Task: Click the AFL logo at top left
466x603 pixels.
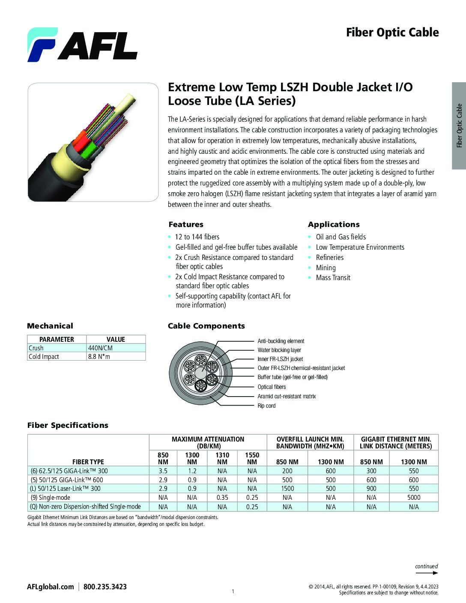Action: coord(82,45)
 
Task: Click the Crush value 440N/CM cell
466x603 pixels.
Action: coord(100,348)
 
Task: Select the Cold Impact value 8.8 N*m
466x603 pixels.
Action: coord(99,356)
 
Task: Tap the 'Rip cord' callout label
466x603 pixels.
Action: coord(266,406)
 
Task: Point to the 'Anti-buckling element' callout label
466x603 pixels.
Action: coord(281,341)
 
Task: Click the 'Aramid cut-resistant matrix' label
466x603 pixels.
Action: coord(287,396)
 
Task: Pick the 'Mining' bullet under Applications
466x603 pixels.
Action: coord(326,268)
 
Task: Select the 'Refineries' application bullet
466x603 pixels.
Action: coord(329,257)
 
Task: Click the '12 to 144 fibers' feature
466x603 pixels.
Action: coord(197,237)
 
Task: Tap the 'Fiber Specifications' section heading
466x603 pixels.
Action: coord(68,425)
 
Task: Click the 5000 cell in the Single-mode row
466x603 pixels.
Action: coord(414,498)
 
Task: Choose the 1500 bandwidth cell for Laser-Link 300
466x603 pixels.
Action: coord(287,489)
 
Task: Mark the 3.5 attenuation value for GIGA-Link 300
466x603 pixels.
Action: coord(163,471)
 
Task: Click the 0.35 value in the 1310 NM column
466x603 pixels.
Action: coord(222,498)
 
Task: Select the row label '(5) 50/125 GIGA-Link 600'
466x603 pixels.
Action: coord(67,480)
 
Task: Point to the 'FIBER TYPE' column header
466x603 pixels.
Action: coord(88,462)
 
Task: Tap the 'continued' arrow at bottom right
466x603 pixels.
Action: coord(427,569)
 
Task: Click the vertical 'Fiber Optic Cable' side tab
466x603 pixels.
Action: coord(459,125)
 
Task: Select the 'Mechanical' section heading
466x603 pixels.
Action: coord(50,326)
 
